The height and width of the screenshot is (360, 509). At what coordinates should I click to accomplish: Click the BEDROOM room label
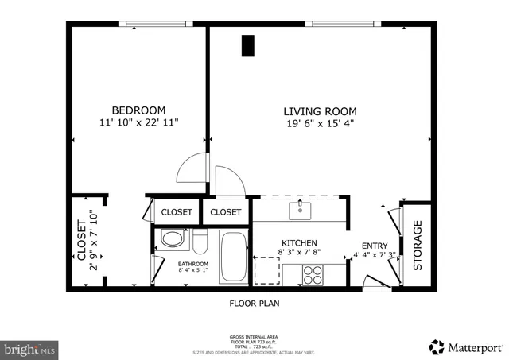138,110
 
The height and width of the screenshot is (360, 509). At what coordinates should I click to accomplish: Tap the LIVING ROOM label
320,111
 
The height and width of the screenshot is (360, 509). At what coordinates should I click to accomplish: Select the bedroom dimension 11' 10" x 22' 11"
138,122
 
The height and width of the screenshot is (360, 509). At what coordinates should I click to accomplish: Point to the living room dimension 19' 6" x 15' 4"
320,123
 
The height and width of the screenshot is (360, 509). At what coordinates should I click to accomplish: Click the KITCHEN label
299,242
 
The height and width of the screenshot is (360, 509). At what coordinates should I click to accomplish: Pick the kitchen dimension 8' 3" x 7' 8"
299,253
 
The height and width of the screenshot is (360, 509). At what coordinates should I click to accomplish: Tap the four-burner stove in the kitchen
313,274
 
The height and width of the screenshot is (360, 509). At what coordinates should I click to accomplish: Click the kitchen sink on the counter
300,210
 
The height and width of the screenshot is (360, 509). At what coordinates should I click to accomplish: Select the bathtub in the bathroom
232,256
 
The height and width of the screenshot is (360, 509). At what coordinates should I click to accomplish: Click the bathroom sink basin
171,238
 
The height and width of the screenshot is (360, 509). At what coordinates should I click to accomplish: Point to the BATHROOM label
192,264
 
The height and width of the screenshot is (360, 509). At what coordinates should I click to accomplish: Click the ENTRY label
374,246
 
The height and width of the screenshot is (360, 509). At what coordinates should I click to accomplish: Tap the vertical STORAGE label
417,246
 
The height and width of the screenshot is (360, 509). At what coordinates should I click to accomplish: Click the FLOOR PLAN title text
254,303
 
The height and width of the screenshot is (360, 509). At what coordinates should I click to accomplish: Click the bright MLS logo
30,348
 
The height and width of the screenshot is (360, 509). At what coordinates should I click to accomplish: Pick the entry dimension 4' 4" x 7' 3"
374,256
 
